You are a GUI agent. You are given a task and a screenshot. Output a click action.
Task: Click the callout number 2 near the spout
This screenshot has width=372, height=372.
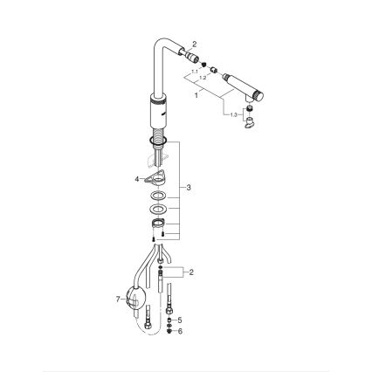(x=195, y=44)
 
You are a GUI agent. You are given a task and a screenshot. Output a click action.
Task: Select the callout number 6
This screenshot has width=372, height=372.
(x=180, y=331)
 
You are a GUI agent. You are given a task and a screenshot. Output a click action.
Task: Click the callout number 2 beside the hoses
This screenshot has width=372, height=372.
(x=191, y=272)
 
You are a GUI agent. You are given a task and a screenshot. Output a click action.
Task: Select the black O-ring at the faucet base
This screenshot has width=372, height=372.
(x=159, y=140)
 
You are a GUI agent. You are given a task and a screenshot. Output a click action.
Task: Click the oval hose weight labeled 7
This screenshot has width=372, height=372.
(x=135, y=300)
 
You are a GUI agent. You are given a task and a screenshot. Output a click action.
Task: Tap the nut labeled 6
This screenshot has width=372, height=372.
(x=169, y=331)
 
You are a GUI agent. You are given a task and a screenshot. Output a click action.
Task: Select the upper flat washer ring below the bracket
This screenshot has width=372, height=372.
(x=158, y=196)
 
